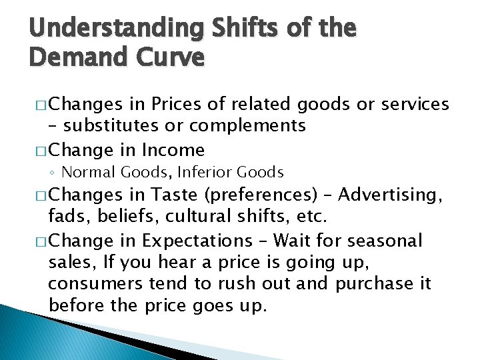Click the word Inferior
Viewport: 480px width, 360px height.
(x=203, y=172)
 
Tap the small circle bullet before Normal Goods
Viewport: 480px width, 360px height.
(x=53, y=173)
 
